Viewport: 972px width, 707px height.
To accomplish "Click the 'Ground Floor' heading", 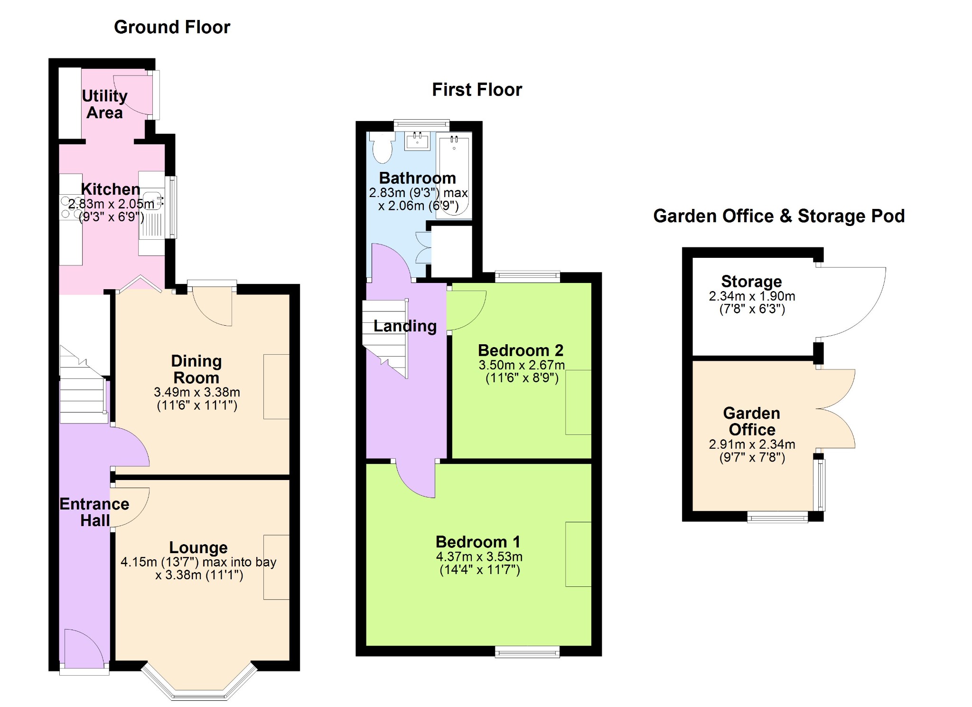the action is pos(172,27).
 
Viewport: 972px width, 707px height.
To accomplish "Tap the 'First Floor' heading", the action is pos(477,90).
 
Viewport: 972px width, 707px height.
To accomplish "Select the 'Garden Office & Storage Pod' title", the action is pos(779,216).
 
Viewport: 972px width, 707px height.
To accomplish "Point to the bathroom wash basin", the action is pos(418,141).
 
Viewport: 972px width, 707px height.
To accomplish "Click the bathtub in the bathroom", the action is pos(454,175).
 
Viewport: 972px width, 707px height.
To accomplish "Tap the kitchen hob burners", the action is pos(71,207).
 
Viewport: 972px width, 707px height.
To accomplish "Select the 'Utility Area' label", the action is pos(105,104).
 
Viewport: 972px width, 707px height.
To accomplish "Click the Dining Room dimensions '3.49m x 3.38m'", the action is pos(197,392).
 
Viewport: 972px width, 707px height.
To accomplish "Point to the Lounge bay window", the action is pos(199,681).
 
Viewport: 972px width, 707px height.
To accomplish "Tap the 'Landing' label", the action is pos(405,326).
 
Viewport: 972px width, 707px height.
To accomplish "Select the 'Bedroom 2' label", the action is pos(521,350).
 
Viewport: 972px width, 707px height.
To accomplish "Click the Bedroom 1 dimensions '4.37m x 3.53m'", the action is pos(479,556).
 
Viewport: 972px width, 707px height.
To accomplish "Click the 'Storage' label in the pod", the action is pos(752,282).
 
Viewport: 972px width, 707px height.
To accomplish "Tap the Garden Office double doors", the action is pos(836,409).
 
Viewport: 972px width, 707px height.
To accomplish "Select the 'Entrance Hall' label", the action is pos(94,512).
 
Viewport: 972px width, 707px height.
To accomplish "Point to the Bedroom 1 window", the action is pos(527,652).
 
